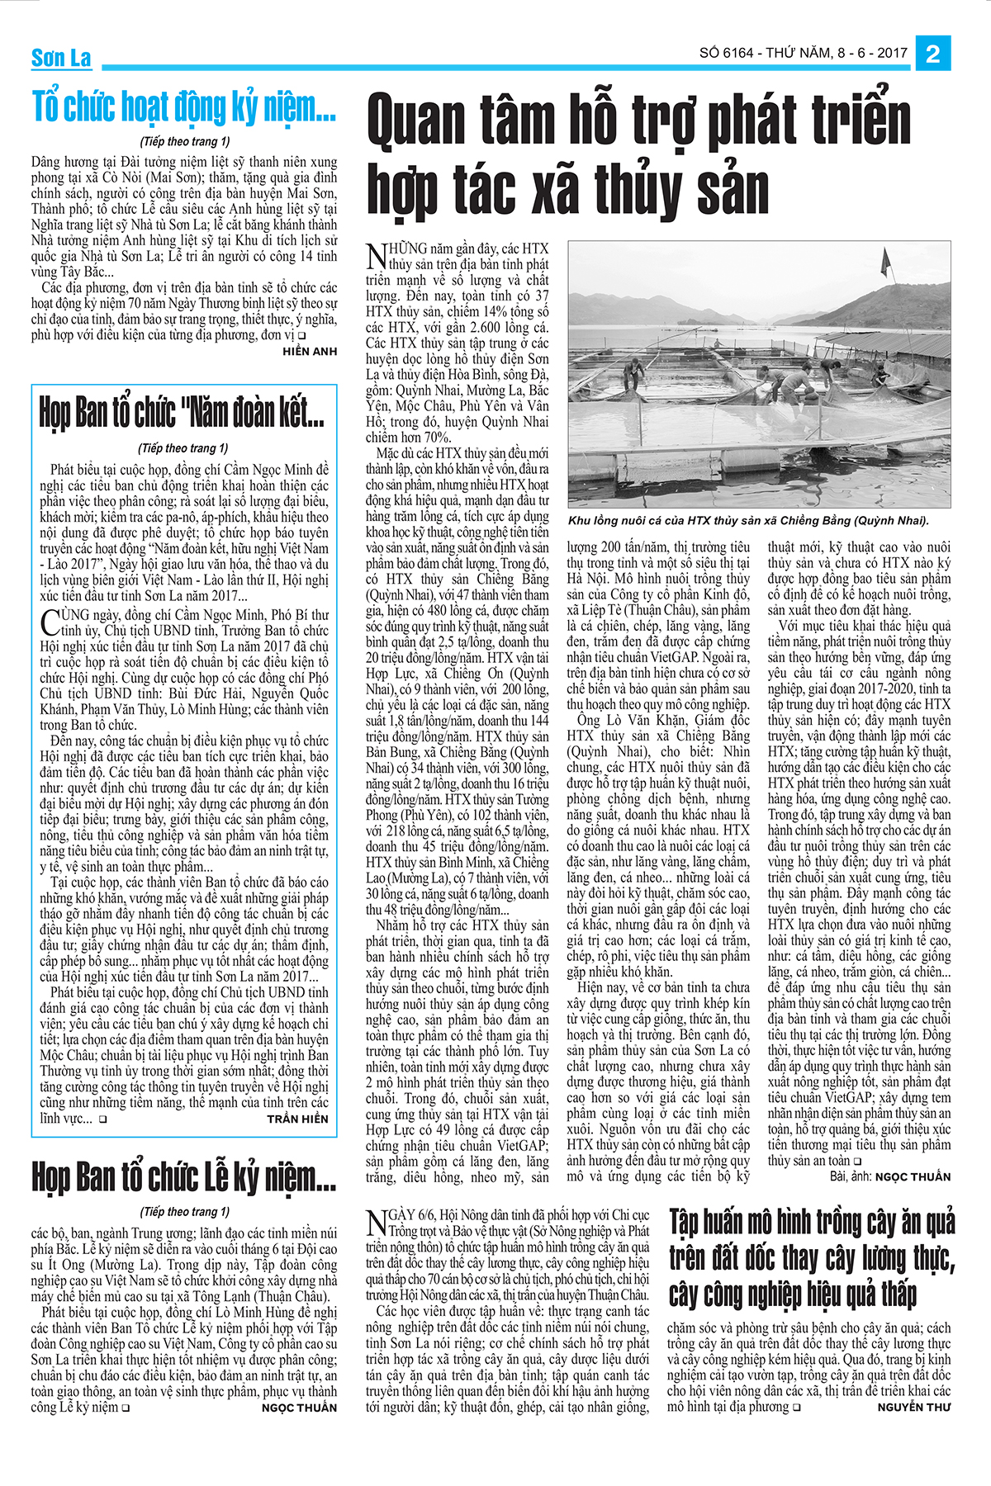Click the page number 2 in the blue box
pyautogui.click(x=933, y=54)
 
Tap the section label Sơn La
pyautogui.click(x=61, y=59)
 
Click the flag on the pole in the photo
pyautogui.click(x=886, y=263)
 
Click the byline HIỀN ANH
pyautogui.click(x=310, y=352)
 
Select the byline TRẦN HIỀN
pyautogui.click(x=297, y=1119)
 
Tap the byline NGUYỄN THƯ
pyautogui.click(x=913, y=1407)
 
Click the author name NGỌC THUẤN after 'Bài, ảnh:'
pyautogui.click(x=913, y=1176)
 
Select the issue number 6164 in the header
pyautogui.click(x=738, y=54)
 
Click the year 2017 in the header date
pyautogui.click(x=892, y=54)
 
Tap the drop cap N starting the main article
pyautogui.click(x=376, y=256)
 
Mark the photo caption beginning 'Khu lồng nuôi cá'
pyautogui.click(x=748, y=521)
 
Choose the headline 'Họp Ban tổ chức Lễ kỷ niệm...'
pyautogui.click(x=183, y=1176)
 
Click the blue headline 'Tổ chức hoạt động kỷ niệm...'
pyautogui.click(x=183, y=107)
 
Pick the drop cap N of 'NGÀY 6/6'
pyautogui.click(x=376, y=1222)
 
